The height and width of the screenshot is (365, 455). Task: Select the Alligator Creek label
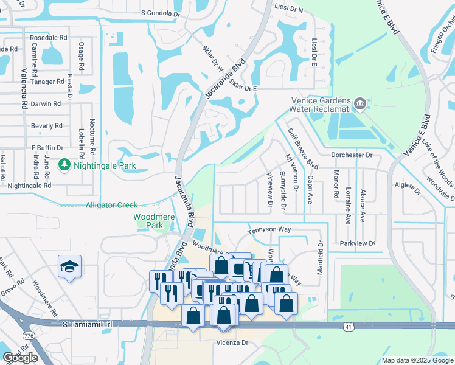111,206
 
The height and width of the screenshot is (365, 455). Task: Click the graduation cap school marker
69,266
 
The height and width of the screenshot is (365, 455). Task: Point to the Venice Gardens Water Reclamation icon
360,104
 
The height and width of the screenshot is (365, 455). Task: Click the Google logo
20,358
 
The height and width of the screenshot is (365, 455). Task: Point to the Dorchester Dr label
351,155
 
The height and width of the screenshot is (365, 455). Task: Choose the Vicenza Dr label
233,343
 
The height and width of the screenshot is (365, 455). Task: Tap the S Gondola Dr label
161,12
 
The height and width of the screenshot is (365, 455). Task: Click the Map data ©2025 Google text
417,360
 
